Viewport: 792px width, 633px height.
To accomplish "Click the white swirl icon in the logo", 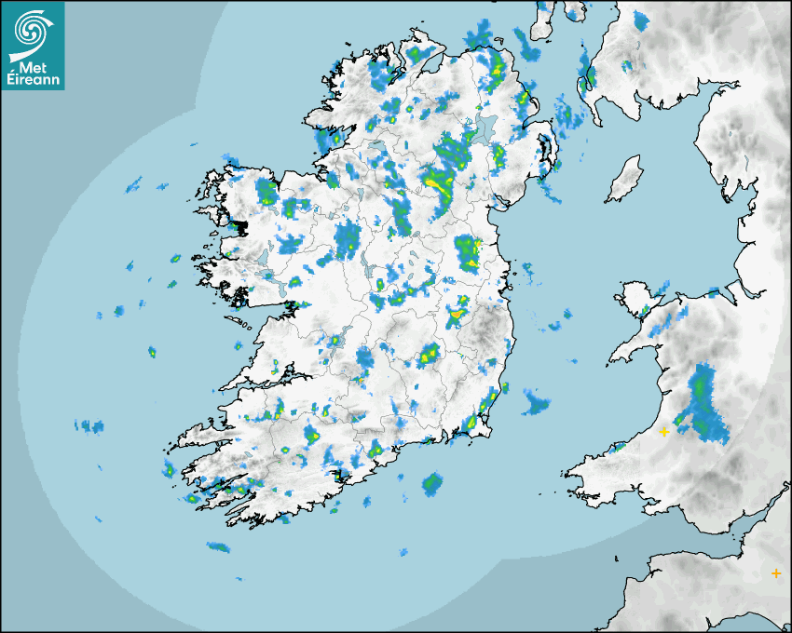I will tap(32, 32).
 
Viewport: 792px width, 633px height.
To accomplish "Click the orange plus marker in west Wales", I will tap(664, 432).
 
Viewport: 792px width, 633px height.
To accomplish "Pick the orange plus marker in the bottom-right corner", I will tap(776, 573).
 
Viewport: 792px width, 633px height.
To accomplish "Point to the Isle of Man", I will tap(625, 179).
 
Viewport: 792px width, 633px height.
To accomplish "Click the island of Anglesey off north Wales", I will tap(635, 299).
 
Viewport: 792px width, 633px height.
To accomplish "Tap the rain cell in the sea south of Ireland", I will tap(431, 483).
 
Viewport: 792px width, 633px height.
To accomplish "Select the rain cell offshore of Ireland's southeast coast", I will tap(536, 402).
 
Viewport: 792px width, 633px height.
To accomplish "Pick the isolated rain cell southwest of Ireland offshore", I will tap(217, 546).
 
